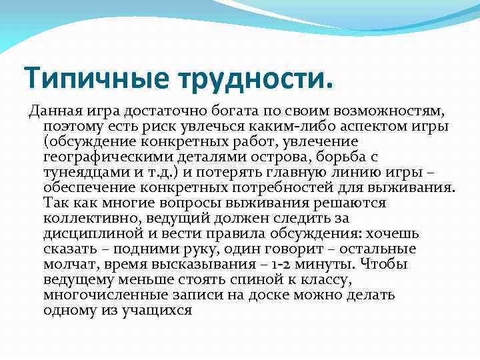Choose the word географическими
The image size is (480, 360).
(106, 157)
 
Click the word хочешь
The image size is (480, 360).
(393, 234)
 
